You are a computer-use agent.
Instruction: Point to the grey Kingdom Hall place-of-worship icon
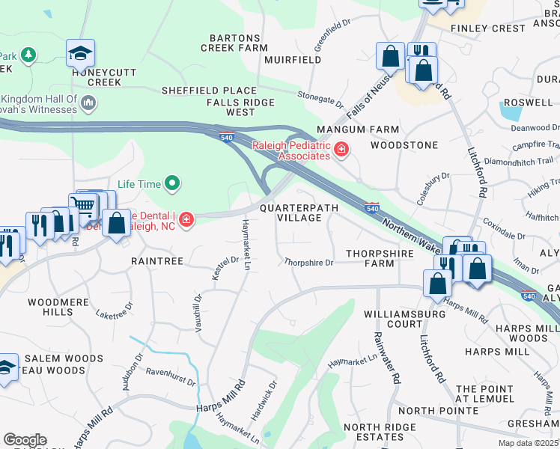coord(88,102)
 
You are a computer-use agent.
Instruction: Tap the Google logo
coord(25,440)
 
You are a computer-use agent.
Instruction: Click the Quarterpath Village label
coord(299,213)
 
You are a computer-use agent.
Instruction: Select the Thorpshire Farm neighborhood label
coord(380,258)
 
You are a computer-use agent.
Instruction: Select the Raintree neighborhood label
coord(157,261)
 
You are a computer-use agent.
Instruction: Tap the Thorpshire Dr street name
coord(308,263)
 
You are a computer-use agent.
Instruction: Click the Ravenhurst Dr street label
coord(171,376)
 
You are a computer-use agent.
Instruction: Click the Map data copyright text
coord(528,443)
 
